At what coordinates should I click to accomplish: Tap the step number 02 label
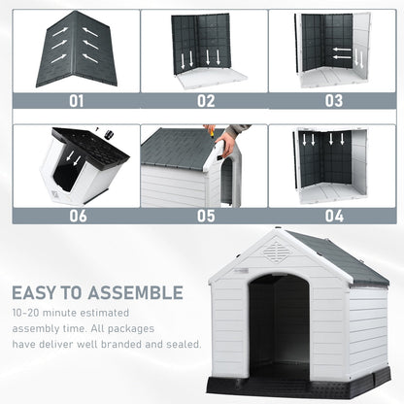pos(205,99)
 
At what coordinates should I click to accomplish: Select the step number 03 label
pos(333,99)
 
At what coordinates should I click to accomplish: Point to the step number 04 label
pos(333,216)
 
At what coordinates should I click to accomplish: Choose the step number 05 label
pos(205,216)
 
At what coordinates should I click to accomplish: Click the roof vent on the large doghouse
pos(276,252)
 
